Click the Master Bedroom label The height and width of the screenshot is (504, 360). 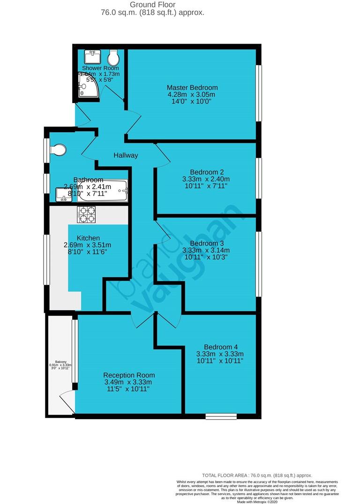point(192,88)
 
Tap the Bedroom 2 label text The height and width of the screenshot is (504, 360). point(206,171)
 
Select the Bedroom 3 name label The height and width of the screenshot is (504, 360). point(207,243)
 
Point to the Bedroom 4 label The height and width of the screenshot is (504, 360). point(220,347)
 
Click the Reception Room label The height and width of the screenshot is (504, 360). point(129,375)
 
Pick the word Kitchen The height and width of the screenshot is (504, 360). point(89,238)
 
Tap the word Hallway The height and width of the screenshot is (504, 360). point(126,156)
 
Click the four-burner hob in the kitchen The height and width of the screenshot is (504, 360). point(86,215)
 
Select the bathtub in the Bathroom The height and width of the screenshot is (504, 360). point(102,191)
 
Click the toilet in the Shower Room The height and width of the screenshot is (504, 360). point(113,59)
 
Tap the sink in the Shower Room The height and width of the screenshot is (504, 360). point(92,57)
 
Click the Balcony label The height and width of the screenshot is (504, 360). point(60,362)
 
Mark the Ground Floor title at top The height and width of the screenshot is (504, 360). point(152,5)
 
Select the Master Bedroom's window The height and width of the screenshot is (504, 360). point(258,93)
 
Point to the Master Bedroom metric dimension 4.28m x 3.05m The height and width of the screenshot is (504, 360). point(192,95)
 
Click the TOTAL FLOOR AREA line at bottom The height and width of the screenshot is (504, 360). point(256,475)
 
